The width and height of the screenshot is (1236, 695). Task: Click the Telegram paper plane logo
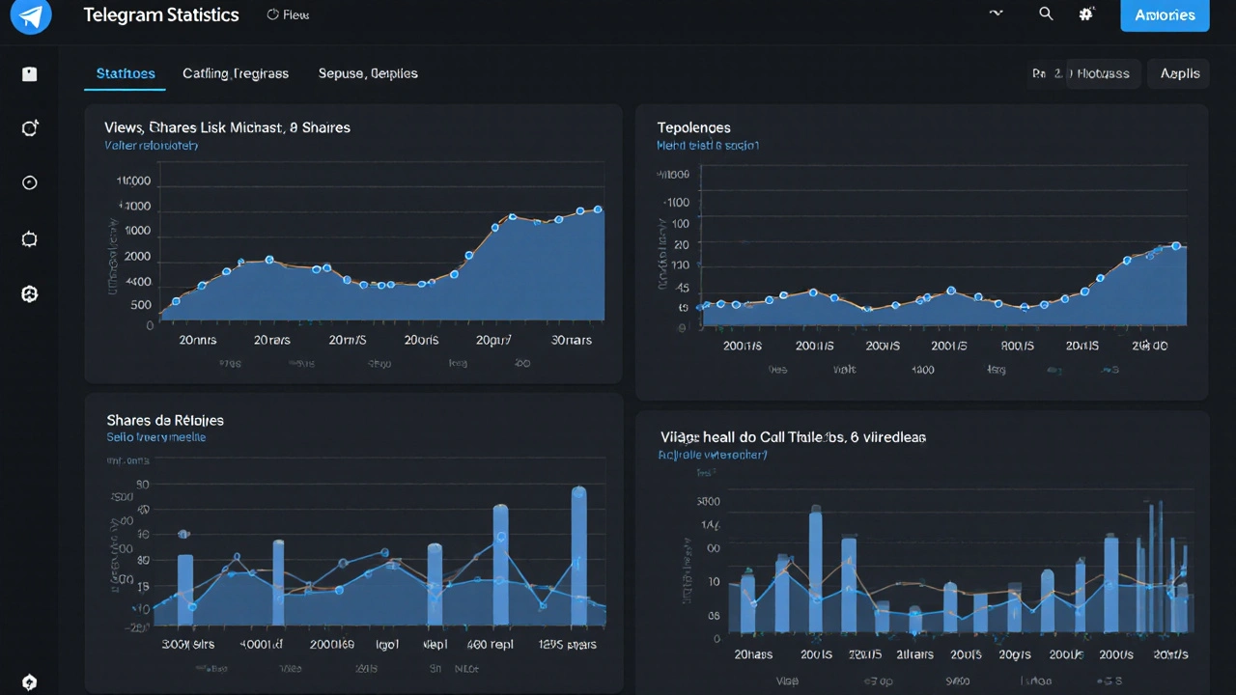30,15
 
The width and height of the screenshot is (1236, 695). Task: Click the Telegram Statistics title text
160,15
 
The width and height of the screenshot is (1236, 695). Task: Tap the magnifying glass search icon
1045,14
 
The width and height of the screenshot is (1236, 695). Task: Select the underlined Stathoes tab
126,73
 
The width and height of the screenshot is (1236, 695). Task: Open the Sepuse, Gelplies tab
368,73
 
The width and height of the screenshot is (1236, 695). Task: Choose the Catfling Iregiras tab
236,73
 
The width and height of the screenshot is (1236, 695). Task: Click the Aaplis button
1179,73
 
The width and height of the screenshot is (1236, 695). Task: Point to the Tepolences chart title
693,127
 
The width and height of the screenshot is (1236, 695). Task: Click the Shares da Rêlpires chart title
164,420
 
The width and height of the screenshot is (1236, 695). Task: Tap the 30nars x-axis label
571,340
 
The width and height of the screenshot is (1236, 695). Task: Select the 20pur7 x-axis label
493,340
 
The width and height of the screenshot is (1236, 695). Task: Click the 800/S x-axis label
1018,346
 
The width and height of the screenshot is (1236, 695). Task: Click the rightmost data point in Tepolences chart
1176,246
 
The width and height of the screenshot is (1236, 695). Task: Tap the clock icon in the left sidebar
30,183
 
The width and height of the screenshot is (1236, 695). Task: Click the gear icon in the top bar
1086,14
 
